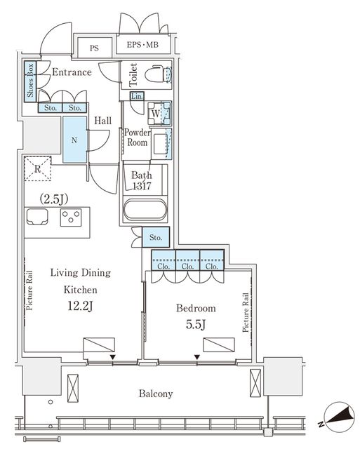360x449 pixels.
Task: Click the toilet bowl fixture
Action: [x=157, y=74]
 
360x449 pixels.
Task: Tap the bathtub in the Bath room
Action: [x=145, y=210]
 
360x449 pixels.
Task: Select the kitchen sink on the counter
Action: [x=37, y=217]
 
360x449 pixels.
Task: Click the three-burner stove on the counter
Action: [x=71, y=217]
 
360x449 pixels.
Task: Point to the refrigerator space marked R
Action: [x=37, y=168]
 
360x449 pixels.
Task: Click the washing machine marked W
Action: [x=156, y=114]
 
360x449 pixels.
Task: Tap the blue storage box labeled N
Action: [x=74, y=140]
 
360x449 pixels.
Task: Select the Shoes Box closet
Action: [x=30, y=81]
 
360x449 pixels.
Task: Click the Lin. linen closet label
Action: [x=137, y=96]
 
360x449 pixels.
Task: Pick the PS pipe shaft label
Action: [x=94, y=48]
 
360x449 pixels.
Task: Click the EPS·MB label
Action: [x=142, y=45]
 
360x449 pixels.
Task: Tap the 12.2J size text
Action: [x=80, y=307]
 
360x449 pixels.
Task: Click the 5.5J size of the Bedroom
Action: [x=196, y=325]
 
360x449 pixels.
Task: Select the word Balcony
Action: [x=156, y=394]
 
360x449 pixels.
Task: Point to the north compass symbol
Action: [x=338, y=417]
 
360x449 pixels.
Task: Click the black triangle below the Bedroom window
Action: [x=197, y=357]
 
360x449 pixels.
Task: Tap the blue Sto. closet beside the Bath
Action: [x=156, y=237]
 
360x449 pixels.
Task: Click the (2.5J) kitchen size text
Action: [x=54, y=199]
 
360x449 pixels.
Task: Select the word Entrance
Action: [x=72, y=72]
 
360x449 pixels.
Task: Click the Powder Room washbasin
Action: [x=161, y=143]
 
